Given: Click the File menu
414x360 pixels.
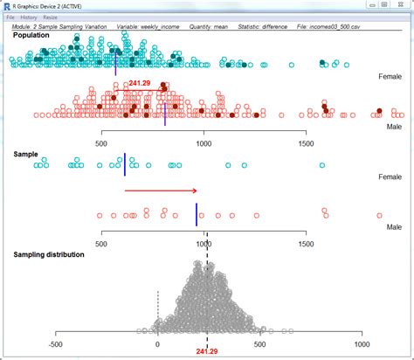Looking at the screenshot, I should [x=11, y=17].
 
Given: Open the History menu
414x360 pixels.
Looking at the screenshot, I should [x=29, y=17].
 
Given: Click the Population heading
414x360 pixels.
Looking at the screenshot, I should [x=31, y=36].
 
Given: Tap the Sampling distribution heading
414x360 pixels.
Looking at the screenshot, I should [x=49, y=254].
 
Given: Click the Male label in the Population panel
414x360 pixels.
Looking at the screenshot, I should [x=393, y=127].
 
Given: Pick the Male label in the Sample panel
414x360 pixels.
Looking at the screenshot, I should [x=393, y=225].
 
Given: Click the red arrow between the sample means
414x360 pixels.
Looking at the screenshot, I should [x=161, y=190].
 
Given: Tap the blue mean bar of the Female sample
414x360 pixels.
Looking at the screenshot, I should [x=125, y=161].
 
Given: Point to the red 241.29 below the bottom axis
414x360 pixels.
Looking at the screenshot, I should [x=207, y=351].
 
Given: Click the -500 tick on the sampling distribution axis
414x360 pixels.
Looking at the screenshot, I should [x=56, y=344].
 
